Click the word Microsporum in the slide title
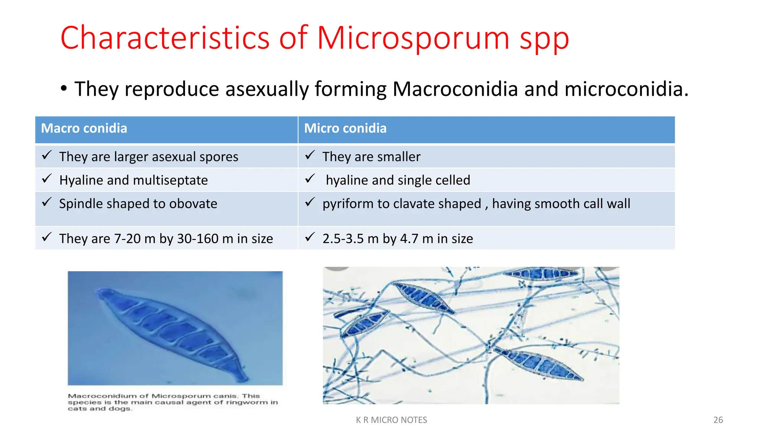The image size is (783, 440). tap(413, 38)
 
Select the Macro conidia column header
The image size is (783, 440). tap(84, 128)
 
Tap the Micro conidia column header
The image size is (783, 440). tap(345, 128)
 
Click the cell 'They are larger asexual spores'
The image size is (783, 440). tap(148, 157)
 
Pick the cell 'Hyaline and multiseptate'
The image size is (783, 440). tap(133, 180)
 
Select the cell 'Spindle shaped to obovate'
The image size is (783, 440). tap(138, 204)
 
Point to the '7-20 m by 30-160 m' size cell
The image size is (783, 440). tap(166, 239)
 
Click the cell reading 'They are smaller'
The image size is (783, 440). tap(371, 157)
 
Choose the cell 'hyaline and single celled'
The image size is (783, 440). tap(398, 180)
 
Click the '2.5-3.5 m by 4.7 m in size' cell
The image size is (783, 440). tap(398, 239)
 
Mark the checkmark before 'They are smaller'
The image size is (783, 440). tap(310, 155)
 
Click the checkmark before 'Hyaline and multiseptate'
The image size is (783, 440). tap(47, 178)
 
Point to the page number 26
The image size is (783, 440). tap(718, 420)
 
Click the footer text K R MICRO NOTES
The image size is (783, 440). tap(391, 420)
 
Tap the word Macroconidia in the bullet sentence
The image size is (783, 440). tap(455, 89)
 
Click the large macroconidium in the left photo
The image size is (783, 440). tap(172, 332)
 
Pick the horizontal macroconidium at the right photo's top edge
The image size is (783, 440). tap(541, 273)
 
